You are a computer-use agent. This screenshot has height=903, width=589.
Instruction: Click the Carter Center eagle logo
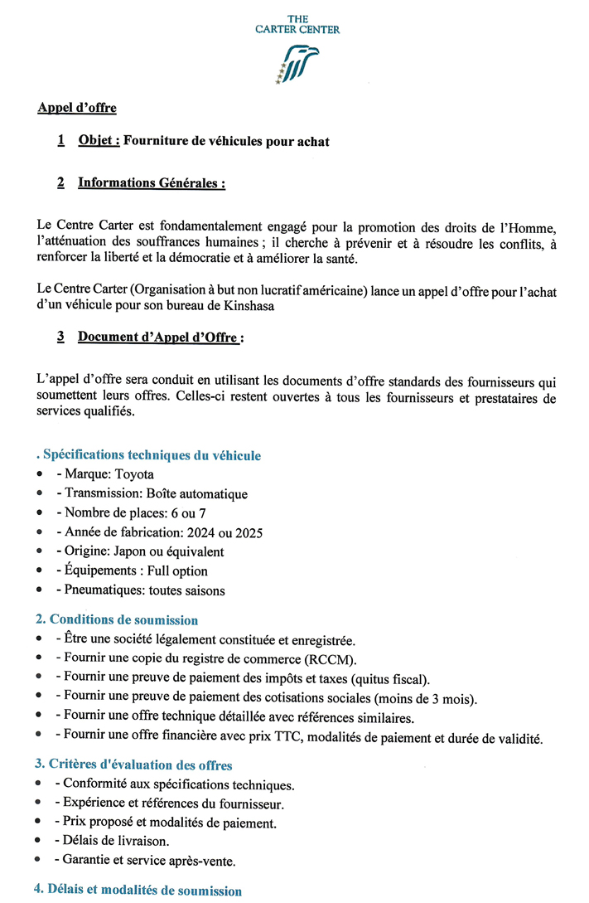coord(298,64)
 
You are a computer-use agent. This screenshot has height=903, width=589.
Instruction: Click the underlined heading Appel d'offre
coord(76,108)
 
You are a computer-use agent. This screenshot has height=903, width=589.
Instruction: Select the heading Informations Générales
coord(152,182)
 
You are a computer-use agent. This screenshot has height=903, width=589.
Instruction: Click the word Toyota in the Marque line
coord(135,474)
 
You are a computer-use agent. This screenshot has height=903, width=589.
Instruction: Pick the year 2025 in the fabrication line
coord(249,532)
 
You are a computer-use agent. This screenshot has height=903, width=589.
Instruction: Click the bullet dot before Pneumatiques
coord(40,591)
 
